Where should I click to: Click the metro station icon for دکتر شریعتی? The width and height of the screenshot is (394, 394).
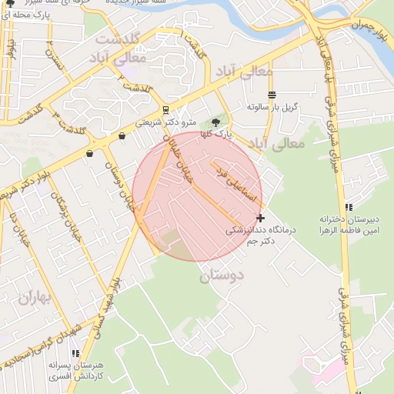click(x=166, y=109)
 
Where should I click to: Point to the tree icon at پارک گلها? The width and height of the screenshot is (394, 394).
click(x=216, y=121)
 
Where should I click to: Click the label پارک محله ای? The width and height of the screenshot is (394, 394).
click(x=34, y=14)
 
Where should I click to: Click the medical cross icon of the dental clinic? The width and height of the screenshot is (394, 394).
click(x=261, y=218)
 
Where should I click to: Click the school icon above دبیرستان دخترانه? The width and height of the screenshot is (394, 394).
click(x=349, y=207)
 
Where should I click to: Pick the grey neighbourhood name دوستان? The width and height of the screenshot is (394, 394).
click(x=221, y=275)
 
